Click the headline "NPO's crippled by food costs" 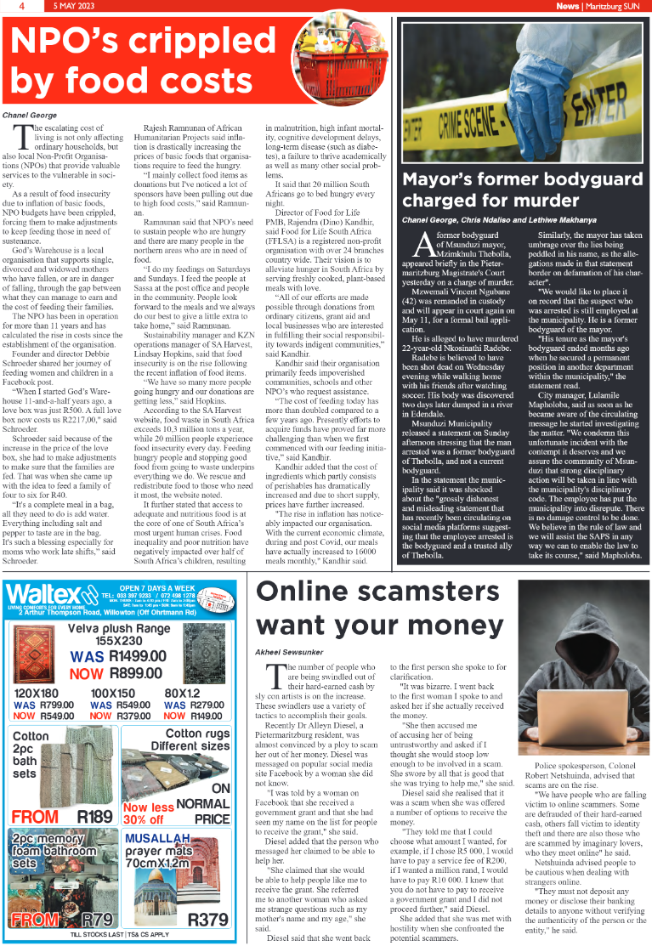[136, 59]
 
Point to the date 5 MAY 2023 [76, 6]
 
